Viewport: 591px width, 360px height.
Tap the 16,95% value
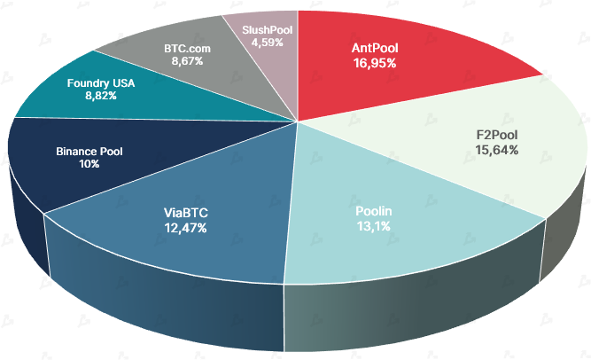click(373, 64)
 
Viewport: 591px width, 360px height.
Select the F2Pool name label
click(496, 136)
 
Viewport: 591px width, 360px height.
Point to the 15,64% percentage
click(496, 151)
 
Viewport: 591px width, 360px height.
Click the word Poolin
click(373, 212)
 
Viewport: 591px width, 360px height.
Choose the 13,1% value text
click(373, 226)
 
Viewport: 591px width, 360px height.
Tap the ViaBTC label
click(184, 214)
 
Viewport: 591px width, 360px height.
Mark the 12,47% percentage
click(184, 229)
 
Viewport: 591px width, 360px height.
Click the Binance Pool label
click(89, 152)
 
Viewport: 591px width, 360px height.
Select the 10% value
click(89, 166)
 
